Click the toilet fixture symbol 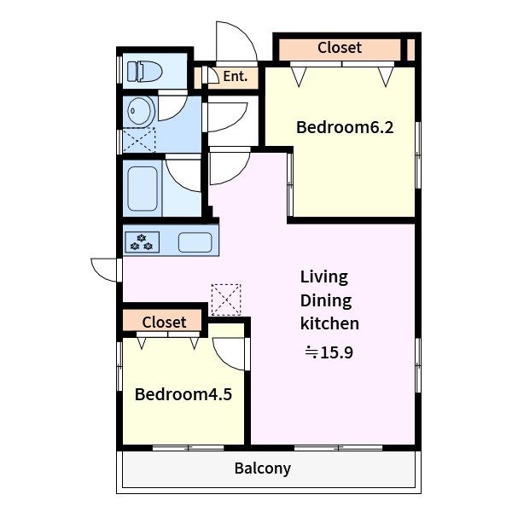[x=145, y=72]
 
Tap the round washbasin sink [x=141, y=111]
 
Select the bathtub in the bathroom [x=143, y=189]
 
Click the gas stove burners [x=142, y=242]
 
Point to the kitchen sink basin [x=195, y=242]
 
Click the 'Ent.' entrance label [x=236, y=77]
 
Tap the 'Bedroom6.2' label [x=345, y=127]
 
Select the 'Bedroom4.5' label [x=183, y=394]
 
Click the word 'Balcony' [x=263, y=468]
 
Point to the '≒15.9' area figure [x=329, y=352]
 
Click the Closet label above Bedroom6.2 [x=340, y=48]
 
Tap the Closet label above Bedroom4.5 [x=164, y=323]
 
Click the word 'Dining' [x=326, y=300]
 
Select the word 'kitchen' [x=329, y=323]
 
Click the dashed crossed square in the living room [x=226, y=300]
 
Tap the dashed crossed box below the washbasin [x=139, y=140]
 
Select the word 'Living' [x=324, y=277]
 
